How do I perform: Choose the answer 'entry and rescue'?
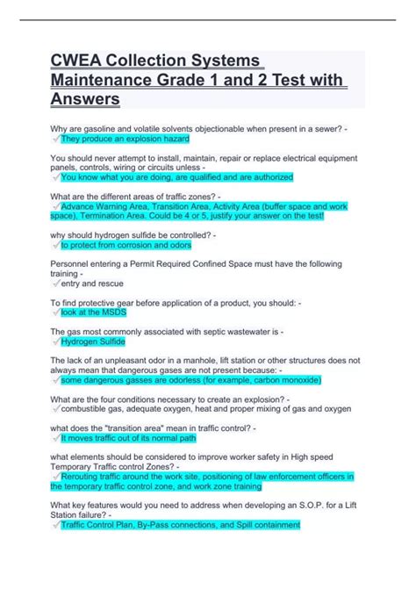pos(91,283)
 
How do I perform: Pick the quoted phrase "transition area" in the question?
pos(145,427)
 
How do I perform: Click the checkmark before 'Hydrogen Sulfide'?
pos(56,341)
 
